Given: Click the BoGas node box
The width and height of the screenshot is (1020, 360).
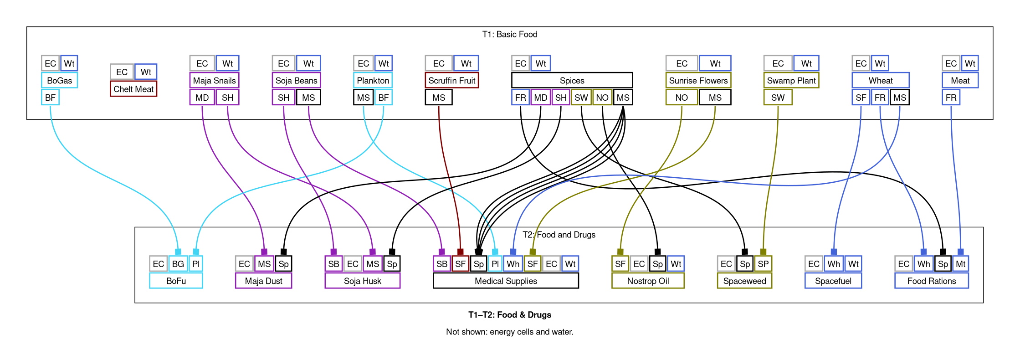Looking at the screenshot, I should click(59, 81).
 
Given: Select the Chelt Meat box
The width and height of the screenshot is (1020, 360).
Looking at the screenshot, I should click(133, 89).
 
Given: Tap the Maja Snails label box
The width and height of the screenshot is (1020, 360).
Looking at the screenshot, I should click(214, 81).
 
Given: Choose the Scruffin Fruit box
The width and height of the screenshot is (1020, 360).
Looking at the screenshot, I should click(451, 81).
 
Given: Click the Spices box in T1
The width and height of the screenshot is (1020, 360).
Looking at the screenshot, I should click(572, 81).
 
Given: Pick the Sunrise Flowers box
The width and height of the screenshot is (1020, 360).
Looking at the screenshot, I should click(698, 81).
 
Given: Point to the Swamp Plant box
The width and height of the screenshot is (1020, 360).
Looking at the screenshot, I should click(791, 81).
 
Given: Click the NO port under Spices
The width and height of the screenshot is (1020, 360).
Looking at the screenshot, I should click(602, 98).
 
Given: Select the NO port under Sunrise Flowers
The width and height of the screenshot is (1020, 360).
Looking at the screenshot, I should click(682, 98).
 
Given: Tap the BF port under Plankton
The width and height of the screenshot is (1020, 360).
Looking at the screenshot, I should click(384, 98).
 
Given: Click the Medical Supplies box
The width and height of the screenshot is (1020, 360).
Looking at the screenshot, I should click(506, 281).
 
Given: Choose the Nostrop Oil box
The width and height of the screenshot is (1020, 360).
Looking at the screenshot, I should click(648, 281).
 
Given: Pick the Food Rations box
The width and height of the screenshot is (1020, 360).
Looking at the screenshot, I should click(931, 281).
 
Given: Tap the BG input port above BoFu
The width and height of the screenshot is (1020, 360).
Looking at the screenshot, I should click(178, 264).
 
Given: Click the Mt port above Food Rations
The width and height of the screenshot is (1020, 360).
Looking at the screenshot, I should click(960, 264).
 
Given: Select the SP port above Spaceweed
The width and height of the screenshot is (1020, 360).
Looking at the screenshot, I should click(763, 264).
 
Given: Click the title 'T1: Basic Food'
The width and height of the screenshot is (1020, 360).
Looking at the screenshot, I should click(510, 34).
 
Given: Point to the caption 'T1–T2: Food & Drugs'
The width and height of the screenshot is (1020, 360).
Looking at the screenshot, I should click(510, 315).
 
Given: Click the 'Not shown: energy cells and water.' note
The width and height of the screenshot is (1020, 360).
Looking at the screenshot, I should click(510, 332).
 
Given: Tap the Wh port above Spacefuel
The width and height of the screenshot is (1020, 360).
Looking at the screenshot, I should click(834, 264).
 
